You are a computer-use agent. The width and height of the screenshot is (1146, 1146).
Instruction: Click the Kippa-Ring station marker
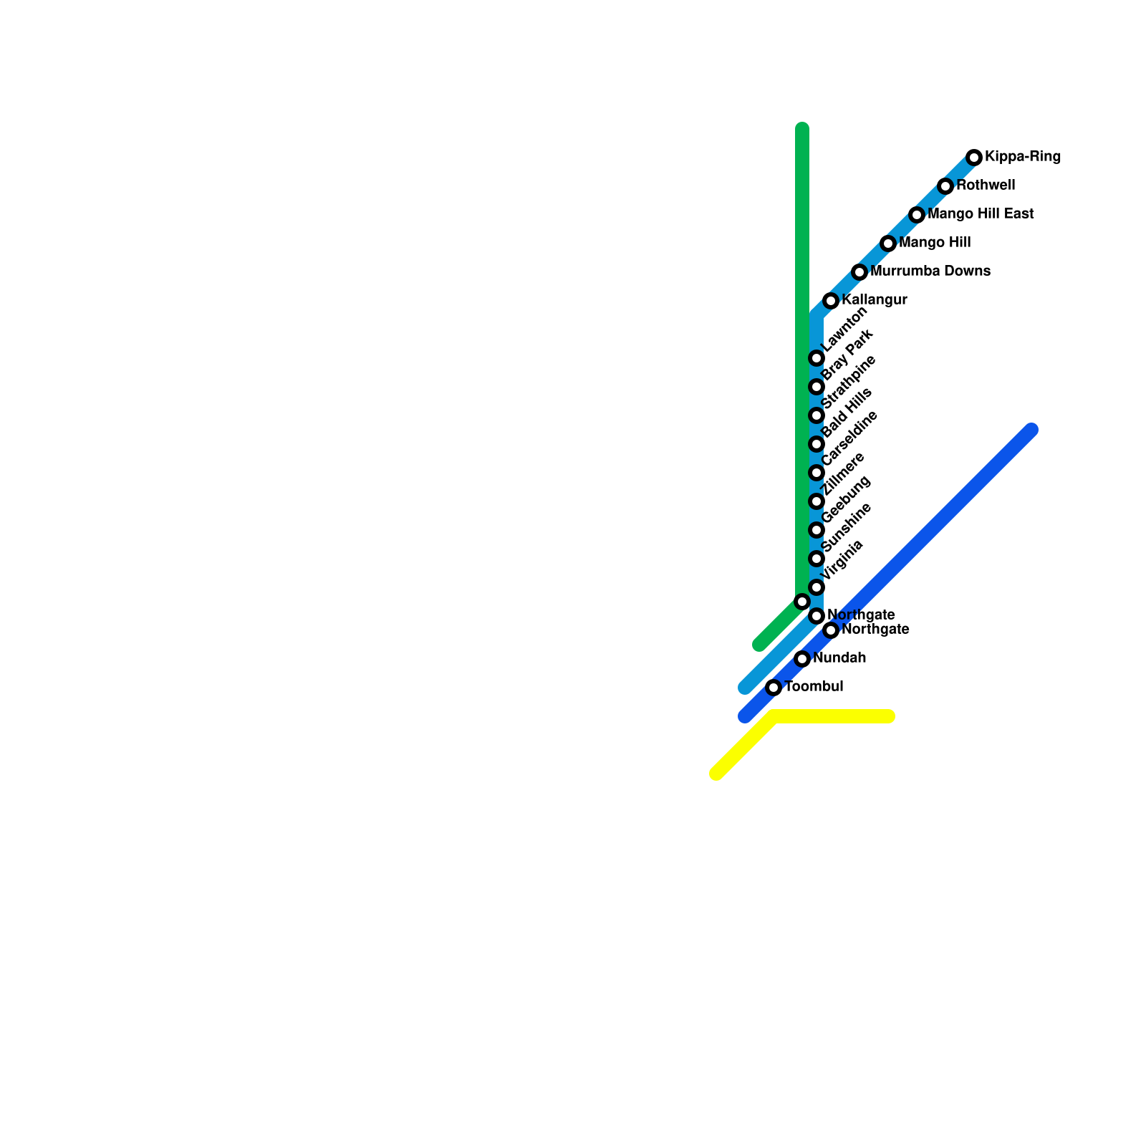(974, 158)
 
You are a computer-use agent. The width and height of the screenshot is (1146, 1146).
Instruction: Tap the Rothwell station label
(986, 186)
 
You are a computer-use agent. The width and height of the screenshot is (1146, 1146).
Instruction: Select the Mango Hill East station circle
(917, 215)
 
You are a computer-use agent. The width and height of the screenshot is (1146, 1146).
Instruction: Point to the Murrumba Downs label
(930, 271)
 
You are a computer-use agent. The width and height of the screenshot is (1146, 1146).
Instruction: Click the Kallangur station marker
(831, 301)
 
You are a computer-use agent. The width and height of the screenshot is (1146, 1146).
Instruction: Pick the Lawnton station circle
(817, 358)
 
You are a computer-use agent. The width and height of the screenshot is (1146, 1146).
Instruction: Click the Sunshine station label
(847, 527)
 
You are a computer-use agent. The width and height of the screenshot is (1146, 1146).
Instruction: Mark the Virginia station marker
(817, 587)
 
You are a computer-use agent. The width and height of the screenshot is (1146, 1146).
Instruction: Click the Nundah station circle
(802, 659)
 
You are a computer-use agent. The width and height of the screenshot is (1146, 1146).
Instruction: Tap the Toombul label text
(814, 687)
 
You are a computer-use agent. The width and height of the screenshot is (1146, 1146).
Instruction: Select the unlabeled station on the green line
(802, 602)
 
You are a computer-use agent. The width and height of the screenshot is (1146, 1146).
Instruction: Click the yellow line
(831, 716)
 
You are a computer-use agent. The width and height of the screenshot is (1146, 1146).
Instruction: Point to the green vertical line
(802, 286)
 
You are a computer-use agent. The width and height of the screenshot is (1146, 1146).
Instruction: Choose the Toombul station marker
(774, 688)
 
